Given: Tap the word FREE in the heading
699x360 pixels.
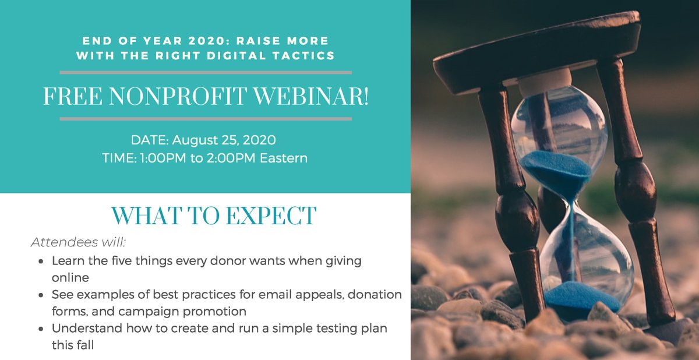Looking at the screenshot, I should click(x=69, y=97).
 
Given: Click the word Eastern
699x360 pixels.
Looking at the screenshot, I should click(x=284, y=158).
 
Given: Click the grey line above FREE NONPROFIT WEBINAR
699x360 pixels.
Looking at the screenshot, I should click(x=206, y=73).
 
